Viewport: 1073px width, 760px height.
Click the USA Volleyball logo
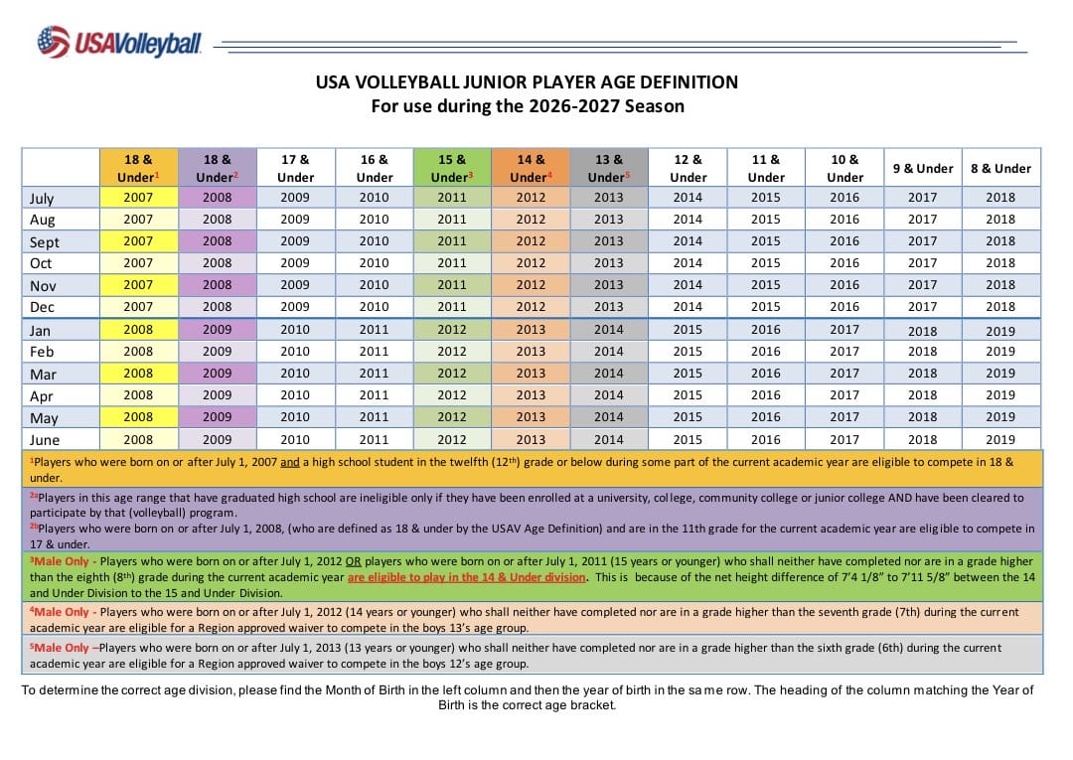(x=119, y=42)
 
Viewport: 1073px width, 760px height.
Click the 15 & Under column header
(x=452, y=168)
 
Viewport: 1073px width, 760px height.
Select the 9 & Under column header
(x=922, y=168)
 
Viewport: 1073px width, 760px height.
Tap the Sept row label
(x=45, y=242)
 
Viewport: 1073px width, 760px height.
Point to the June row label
(x=45, y=440)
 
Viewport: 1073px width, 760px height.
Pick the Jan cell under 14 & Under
(x=531, y=330)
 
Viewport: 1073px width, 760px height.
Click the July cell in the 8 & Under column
(x=1000, y=198)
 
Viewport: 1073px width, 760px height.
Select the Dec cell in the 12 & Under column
(x=688, y=307)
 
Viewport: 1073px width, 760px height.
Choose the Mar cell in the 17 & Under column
(x=295, y=374)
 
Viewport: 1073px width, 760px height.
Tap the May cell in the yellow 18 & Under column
(x=138, y=417)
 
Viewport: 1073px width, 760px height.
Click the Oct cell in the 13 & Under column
(x=608, y=263)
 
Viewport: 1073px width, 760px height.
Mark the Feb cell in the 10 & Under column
(x=844, y=352)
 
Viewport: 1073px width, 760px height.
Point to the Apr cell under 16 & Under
(x=374, y=395)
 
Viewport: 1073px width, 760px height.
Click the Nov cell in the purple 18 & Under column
(x=217, y=285)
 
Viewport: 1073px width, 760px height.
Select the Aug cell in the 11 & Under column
(x=766, y=220)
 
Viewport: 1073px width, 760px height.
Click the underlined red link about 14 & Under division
(x=467, y=577)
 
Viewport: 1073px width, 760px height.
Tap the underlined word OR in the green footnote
(x=353, y=561)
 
